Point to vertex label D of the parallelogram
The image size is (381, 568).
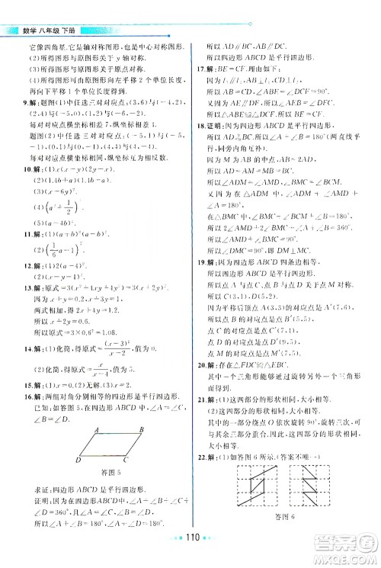coord(79,460)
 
